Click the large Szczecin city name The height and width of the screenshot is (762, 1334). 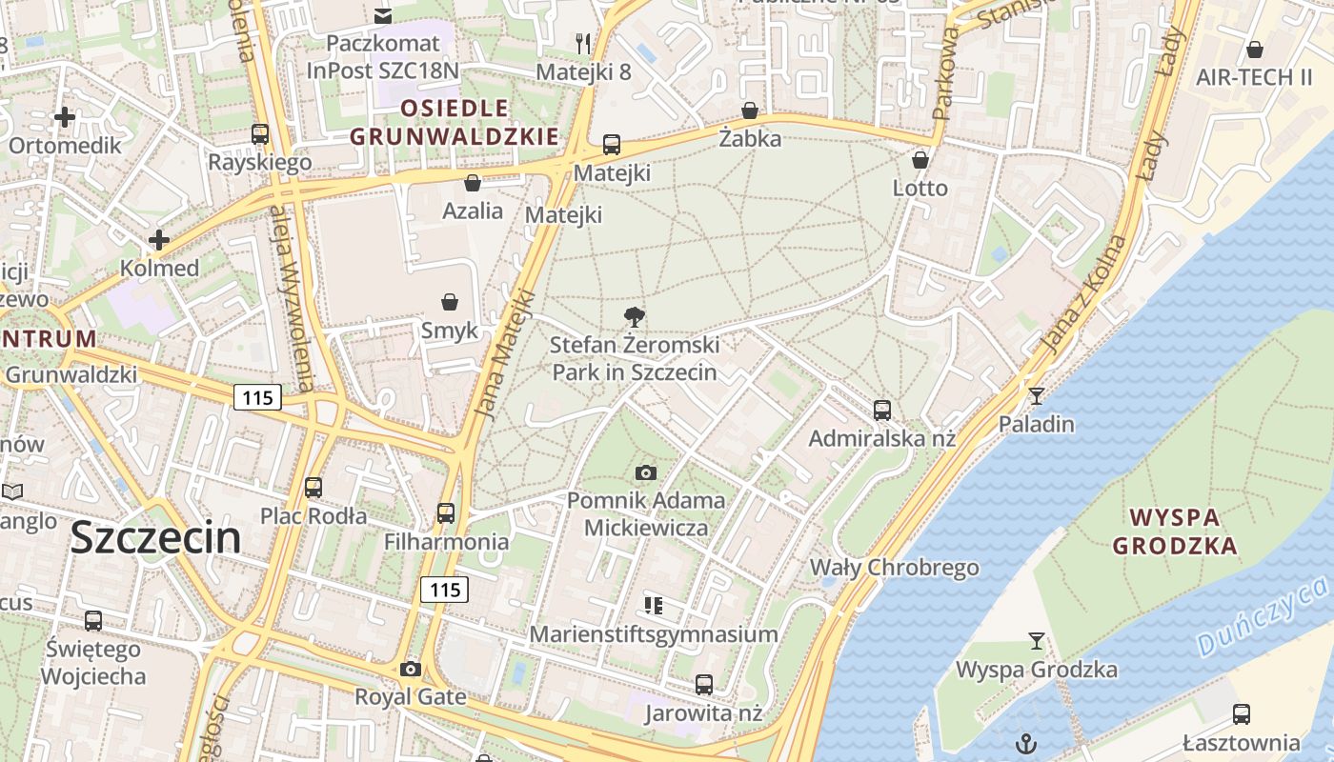(155, 538)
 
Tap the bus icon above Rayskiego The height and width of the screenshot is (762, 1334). (260, 134)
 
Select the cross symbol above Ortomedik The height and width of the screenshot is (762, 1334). (65, 117)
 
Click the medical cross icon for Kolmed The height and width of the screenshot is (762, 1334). (159, 240)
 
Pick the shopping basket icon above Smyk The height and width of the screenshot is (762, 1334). (450, 302)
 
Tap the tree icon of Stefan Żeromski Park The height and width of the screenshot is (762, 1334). (634, 316)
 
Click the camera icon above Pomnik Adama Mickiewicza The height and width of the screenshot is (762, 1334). (645, 472)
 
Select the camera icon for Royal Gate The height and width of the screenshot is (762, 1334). (411, 669)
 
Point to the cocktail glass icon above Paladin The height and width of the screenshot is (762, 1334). (1037, 395)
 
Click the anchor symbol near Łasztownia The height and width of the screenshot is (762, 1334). (1026, 742)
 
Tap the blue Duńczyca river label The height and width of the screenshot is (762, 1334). (1262, 618)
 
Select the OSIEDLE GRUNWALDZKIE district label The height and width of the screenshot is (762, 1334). (455, 121)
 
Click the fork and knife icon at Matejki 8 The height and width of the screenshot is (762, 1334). (584, 44)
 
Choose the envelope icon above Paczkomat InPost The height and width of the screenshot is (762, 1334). (383, 15)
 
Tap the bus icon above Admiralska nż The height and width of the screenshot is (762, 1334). (882, 411)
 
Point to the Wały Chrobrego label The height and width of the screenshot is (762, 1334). (894, 568)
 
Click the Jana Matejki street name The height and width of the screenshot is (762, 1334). (504, 352)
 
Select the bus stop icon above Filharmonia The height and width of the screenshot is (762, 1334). (446, 513)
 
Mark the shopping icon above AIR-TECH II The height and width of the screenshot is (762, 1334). (1255, 50)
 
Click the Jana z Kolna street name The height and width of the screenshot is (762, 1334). (1083, 295)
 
